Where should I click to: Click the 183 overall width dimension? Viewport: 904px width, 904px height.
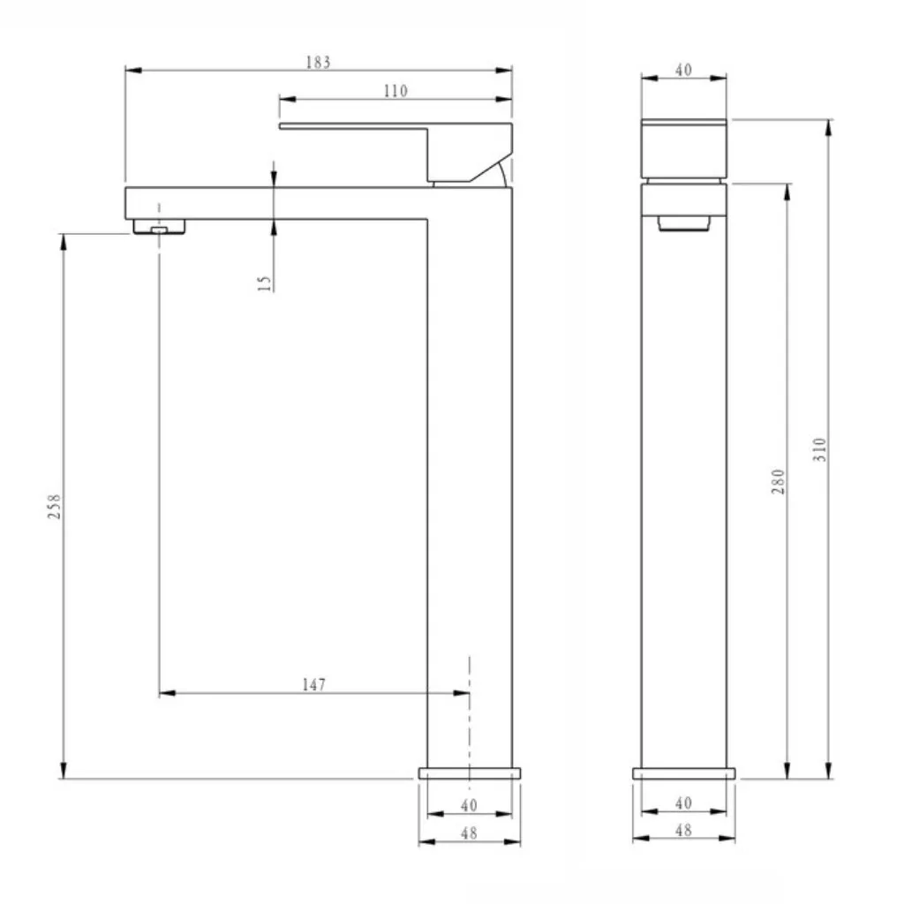pos(318,63)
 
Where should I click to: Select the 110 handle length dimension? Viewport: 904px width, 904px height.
pos(395,91)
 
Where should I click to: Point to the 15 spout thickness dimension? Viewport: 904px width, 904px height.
pos(265,282)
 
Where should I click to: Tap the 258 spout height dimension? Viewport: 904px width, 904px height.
pos(54,506)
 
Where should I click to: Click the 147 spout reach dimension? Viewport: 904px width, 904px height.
pos(313,685)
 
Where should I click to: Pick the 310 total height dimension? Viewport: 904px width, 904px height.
pos(820,449)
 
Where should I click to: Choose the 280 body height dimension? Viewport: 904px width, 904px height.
pos(779,481)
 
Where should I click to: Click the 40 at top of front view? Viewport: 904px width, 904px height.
pos(683,70)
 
